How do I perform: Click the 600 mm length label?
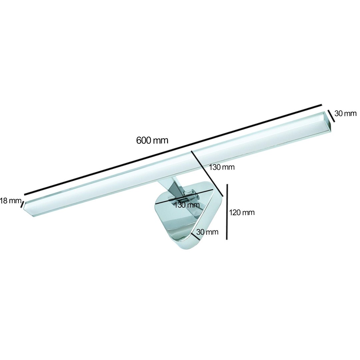pos(152,140)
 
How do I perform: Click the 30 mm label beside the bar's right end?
pos(345,113)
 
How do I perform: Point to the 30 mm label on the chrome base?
pos(207,232)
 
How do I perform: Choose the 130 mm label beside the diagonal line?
pos(222,167)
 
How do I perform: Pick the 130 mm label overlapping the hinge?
pos(187,204)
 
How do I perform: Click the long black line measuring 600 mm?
pos(173,150)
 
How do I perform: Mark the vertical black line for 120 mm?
pos(227,212)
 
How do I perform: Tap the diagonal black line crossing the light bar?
pos(207,174)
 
